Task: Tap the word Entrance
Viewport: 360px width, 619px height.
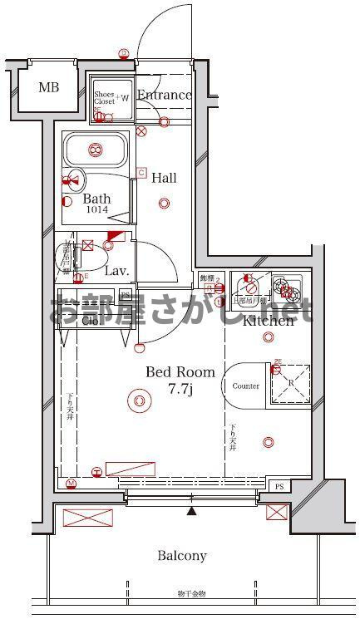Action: coord(165,95)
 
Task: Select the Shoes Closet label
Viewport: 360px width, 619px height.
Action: coord(103,98)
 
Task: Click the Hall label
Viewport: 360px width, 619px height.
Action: coord(164,178)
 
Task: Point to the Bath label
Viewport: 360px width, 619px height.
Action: coord(96,199)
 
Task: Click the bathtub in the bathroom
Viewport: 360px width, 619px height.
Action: coord(96,151)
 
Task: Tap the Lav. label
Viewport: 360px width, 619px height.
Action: coord(116,271)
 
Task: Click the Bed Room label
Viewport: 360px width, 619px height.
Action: coord(180,373)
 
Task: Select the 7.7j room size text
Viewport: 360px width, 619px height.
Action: coord(180,389)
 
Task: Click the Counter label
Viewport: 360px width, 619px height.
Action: coord(246,386)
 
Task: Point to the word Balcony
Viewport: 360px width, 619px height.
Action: coord(182,556)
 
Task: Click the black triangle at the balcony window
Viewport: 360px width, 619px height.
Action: coord(192,510)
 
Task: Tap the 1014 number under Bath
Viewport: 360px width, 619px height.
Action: coord(96,212)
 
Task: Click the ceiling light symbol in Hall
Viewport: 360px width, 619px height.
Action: coord(164,203)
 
